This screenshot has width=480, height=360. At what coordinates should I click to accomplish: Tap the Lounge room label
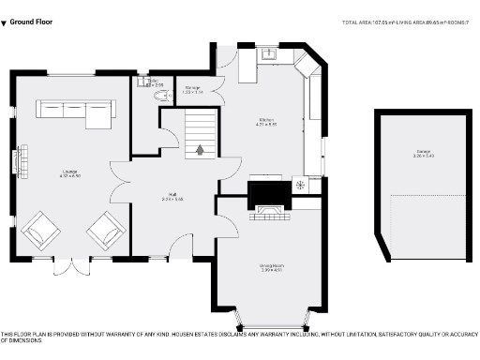(45, 173)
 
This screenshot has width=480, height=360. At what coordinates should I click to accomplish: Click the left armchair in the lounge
(39, 230)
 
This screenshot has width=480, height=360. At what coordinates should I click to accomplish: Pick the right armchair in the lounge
(106, 230)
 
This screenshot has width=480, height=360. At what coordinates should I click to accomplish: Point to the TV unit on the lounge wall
(17, 161)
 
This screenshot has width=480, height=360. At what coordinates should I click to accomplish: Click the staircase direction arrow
(199, 148)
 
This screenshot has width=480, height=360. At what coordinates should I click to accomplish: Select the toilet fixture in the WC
(156, 95)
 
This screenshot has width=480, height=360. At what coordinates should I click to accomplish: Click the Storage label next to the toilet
(192, 90)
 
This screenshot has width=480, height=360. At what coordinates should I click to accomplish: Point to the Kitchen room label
(267, 121)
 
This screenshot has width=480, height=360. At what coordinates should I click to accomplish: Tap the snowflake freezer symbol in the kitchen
(301, 185)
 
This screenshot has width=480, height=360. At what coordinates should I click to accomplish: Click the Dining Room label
(272, 268)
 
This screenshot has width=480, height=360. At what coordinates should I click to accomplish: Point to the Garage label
(426, 154)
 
